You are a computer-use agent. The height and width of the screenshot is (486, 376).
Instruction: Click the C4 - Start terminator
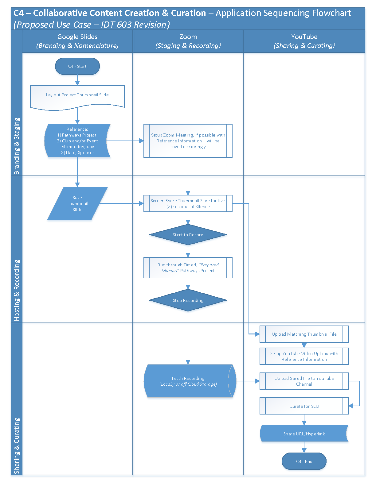coord(77,66)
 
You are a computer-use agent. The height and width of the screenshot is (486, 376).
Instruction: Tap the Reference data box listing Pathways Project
coord(77,141)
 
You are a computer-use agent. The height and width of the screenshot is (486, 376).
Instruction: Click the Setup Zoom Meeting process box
coord(188,141)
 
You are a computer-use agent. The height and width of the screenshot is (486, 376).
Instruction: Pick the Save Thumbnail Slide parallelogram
coord(77,204)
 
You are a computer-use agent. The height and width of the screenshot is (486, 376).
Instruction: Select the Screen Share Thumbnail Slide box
coord(188,204)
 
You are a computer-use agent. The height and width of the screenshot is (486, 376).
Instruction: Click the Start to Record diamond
coord(188,235)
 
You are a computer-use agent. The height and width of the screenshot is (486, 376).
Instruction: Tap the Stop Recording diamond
coord(188,300)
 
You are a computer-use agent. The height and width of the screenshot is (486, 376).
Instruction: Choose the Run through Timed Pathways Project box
coord(188,268)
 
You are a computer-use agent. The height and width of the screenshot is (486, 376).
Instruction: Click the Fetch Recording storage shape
coord(188,381)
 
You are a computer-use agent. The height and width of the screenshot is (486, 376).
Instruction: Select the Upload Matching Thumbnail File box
coord(304,334)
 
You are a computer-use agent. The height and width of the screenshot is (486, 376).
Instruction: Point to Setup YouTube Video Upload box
coord(304,356)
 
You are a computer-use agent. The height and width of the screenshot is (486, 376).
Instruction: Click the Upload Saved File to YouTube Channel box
coord(304,381)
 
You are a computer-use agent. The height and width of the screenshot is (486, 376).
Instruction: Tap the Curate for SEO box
coord(304,406)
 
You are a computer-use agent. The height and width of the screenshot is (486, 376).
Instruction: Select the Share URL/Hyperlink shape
coord(304,434)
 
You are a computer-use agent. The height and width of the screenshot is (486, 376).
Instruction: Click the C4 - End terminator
coord(304,461)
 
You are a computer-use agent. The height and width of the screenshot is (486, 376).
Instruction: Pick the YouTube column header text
coord(304,37)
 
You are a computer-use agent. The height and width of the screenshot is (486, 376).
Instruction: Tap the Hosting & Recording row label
coord(17,290)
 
